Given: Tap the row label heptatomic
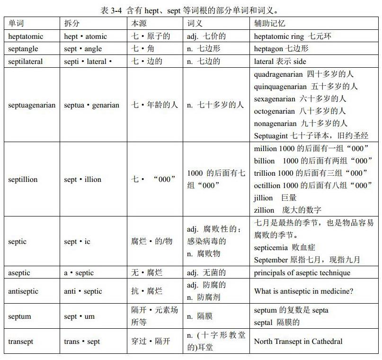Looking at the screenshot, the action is point(26,36).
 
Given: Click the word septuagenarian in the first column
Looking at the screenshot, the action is point(32,105).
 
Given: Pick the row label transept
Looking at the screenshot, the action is point(21,342).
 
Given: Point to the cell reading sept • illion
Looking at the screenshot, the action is point(83,180).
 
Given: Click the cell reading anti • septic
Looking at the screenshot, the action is point(83,291).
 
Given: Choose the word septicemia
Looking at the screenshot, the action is point(271,248).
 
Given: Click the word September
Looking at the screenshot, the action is point(271,260).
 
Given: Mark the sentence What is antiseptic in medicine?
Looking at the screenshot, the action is point(303,291).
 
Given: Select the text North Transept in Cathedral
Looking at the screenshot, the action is point(298,342).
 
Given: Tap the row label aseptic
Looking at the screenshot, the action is point(20,273).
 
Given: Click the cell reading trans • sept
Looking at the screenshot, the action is point(82,342).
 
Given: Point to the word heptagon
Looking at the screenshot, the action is point(268,49).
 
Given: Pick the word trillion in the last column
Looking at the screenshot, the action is point(265,173).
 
